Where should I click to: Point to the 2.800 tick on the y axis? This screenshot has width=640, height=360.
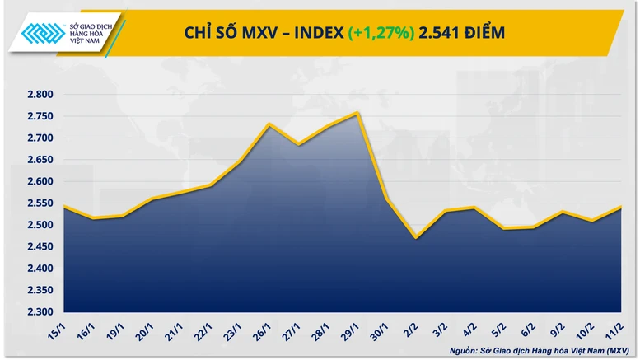(39, 95)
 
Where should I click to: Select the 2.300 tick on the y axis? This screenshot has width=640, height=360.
(39, 312)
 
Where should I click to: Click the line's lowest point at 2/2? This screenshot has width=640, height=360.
(416, 238)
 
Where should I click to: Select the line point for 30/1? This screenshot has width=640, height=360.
(387, 199)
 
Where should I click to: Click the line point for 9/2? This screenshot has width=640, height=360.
(561, 213)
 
